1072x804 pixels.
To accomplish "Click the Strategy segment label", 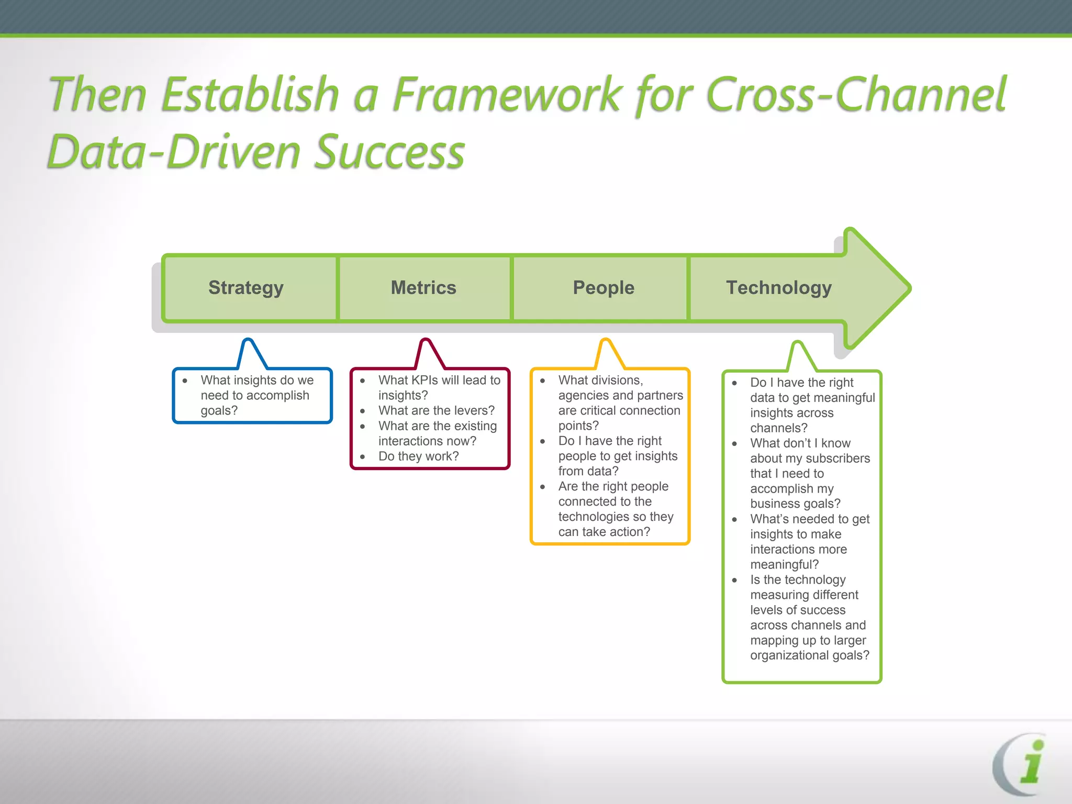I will click(x=245, y=288).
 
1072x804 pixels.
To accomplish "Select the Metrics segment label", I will click(x=423, y=288).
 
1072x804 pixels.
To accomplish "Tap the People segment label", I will click(x=603, y=288).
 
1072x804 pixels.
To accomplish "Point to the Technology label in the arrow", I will click(x=778, y=288).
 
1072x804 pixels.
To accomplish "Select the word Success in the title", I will click(x=390, y=152).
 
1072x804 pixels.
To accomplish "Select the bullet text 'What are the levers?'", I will click(x=436, y=411).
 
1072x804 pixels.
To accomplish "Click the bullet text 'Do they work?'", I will click(x=418, y=456).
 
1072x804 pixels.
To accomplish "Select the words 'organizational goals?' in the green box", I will click(x=809, y=655).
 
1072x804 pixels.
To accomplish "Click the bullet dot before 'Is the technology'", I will click(x=734, y=580).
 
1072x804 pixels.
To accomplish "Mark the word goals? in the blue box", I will click(x=219, y=411).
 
